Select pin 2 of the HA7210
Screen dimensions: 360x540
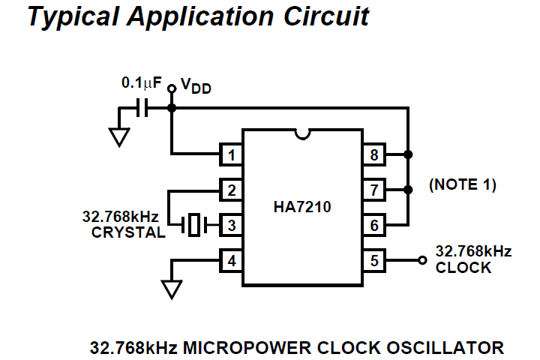[x=230, y=190]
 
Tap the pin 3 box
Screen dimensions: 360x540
[x=230, y=224]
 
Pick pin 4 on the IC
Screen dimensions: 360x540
[x=230, y=260]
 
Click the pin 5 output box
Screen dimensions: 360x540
[x=373, y=260]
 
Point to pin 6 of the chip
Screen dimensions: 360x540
[x=373, y=224]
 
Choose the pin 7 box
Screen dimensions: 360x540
[x=373, y=190]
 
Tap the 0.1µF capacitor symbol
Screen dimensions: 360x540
[x=143, y=109]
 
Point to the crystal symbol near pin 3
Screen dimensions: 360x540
[x=194, y=224]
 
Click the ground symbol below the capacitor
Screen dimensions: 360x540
[x=118, y=137]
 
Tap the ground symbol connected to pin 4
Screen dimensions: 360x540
[x=172, y=289]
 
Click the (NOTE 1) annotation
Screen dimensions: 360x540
[x=462, y=184]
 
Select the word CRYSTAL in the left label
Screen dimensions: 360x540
[x=128, y=232]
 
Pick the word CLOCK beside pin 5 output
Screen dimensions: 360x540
[x=463, y=267]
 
